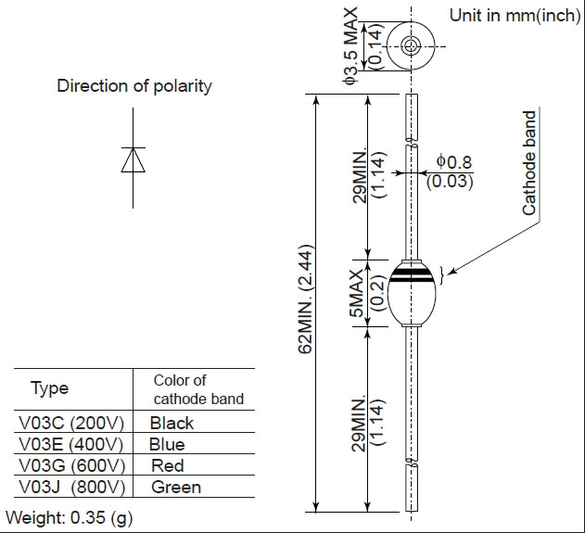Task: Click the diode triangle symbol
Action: click(x=134, y=159)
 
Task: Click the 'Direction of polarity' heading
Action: click(x=134, y=86)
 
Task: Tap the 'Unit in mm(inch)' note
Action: click(x=515, y=16)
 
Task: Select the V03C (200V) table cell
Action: click(x=71, y=423)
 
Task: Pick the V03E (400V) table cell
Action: click(x=70, y=444)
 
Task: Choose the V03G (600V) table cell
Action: click(x=71, y=465)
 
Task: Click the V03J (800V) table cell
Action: click(x=71, y=488)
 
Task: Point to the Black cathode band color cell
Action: click(x=172, y=423)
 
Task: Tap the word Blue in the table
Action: click(x=167, y=444)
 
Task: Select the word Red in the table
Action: click(x=168, y=465)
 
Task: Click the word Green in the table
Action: click(x=176, y=488)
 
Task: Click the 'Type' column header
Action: click(x=50, y=388)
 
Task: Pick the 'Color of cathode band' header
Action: click(x=198, y=389)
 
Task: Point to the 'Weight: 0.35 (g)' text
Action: click(x=70, y=518)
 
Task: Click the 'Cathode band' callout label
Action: click(x=529, y=163)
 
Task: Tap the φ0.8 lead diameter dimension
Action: click(x=454, y=162)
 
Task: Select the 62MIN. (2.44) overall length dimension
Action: click(x=305, y=299)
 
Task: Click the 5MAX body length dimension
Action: click(x=357, y=293)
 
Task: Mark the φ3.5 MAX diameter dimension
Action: click(x=350, y=45)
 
